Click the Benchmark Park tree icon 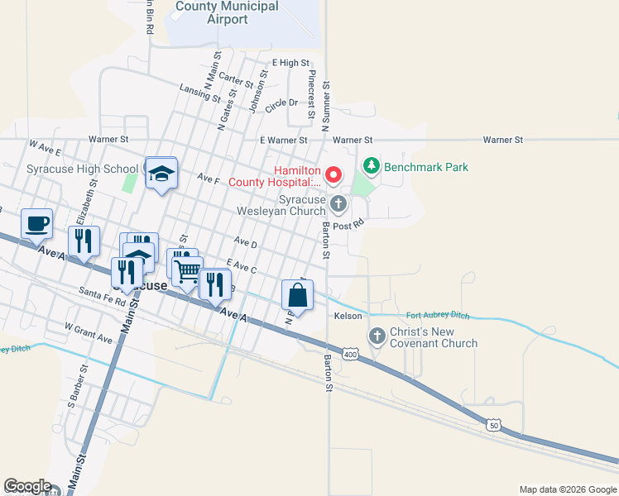tap(372, 167)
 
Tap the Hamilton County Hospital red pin tap(333, 174)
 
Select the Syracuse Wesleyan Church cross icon tap(338, 203)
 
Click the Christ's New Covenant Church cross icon tap(377, 336)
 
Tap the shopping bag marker tap(297, 294)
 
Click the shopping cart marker tap(188, 269)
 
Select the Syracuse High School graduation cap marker tap(161, 173)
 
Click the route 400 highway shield tap(351, 355)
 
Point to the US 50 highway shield tap(494, 424)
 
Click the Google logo tap(27, 486)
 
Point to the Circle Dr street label tap(281, 103)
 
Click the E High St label tap(290, 63)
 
